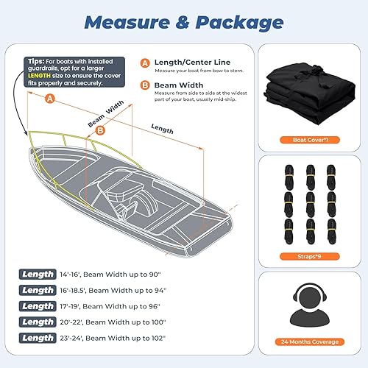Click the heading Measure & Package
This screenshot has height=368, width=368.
pyautogui.click(x=184, y=23)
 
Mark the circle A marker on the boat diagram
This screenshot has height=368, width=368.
pyautogui.click(x=49, y=97)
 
